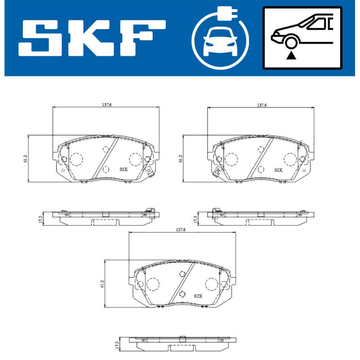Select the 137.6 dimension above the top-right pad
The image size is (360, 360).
(x=262, y=104)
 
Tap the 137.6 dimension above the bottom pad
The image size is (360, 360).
(x=181, y=229)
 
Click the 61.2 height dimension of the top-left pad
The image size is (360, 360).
(x=26, y=158)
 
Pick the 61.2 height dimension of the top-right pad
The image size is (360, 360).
(x=180, y=158)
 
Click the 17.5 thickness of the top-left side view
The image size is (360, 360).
(x=40, y=219)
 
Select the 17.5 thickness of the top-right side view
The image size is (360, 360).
(x=195, y=219)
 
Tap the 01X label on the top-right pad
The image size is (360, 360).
(x=279, y=170)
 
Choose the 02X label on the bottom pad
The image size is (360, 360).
(x=198, y=296)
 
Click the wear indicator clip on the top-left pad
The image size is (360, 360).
(x=150, y=171)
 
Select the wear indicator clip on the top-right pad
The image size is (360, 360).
(x=216, y=171)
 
